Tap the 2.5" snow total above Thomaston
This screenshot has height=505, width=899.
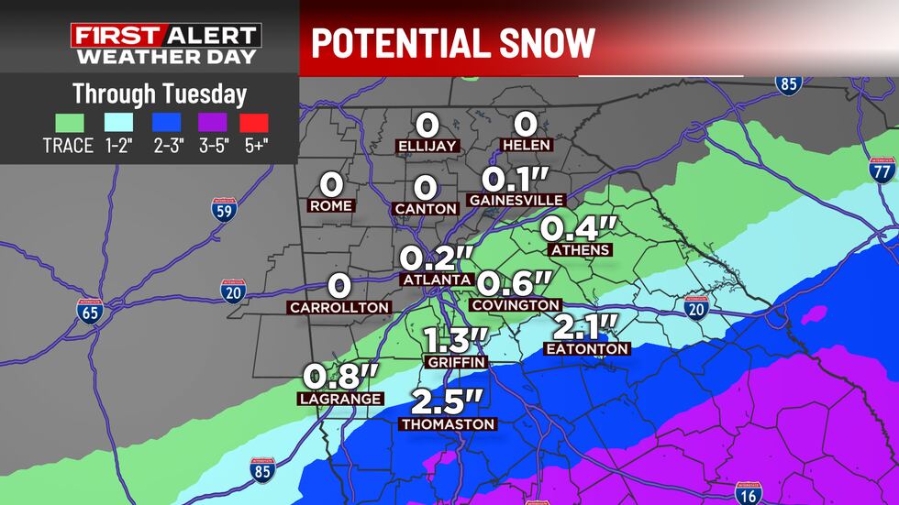click(x=447, y=401)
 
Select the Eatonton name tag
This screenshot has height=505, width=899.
click(x=586, y=349)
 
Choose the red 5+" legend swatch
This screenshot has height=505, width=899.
click(x=254, y=122)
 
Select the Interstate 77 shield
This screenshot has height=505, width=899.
click(x=882, y=170)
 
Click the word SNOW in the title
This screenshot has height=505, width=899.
click(x=539, y=42)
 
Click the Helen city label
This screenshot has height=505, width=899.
click(x=526, y=146)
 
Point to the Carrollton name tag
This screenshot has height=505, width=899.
click(x=339, y=308)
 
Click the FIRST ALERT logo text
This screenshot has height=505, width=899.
click(x=166, y=37)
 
